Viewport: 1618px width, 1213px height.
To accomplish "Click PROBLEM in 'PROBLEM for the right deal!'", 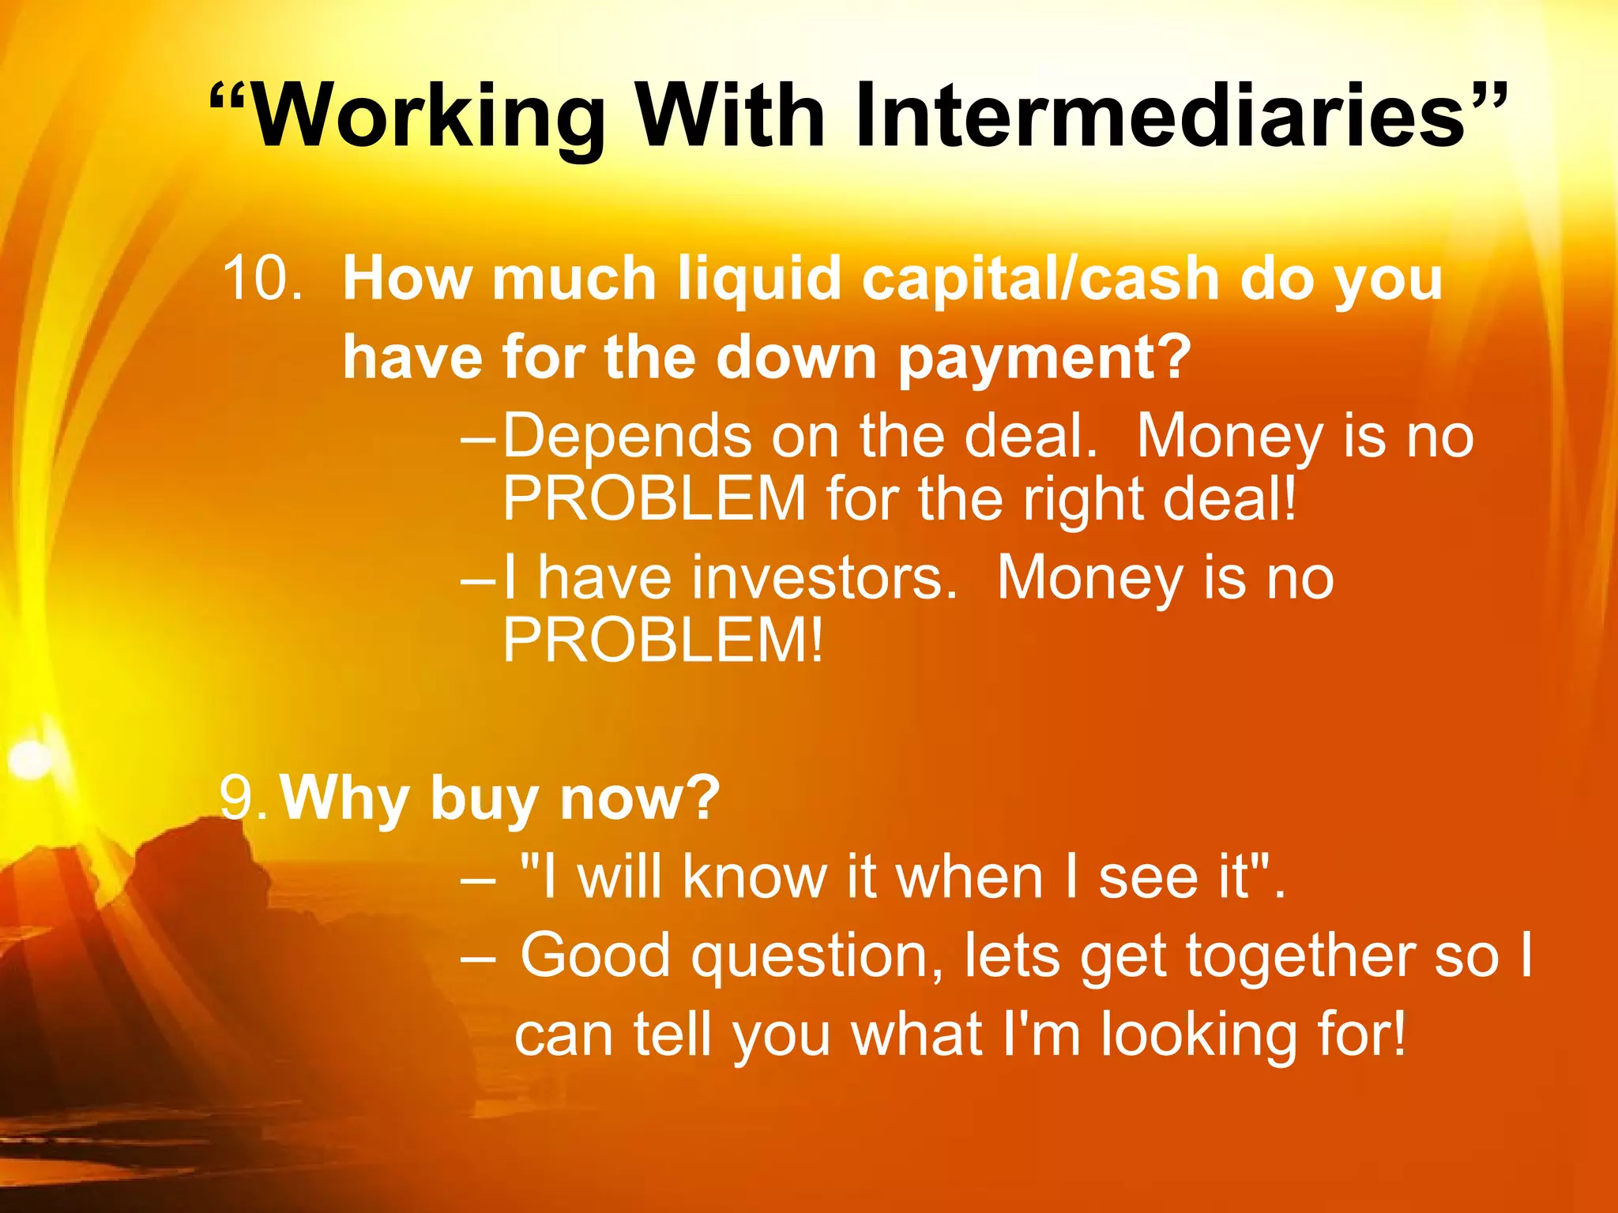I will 654,499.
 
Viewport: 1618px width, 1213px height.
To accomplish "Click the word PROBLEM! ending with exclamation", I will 664,640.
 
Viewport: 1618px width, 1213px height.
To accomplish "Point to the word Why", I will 344,799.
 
